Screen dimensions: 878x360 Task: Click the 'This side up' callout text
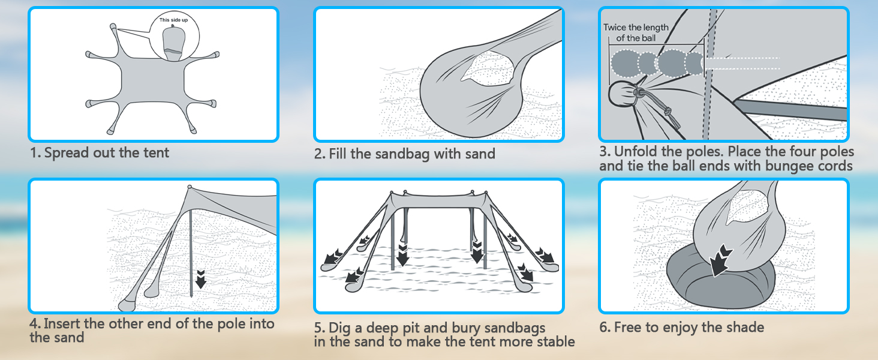pyautogui.click(x=173, y=20)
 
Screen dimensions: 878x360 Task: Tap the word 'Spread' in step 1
pyautogui.click(x=67, y=152)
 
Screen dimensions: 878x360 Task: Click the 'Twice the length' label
pyautogui.click(x=636, y=28)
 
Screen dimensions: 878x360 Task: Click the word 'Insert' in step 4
pyautogui.click(x=62, y=323)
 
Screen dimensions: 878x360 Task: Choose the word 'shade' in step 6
pyautogui.click(x=744, y=327)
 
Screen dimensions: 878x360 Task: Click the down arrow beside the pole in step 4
pyautogui.click(x=201, y=279)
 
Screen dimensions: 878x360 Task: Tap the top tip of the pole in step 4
pyautogui.click(x=190, y=187)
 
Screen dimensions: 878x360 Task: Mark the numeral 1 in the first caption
pyautogui.click(x=34, y=152)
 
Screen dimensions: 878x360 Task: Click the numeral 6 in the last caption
pyautogui.click(x=603, y=327)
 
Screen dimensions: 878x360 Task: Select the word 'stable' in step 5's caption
pyautogui.click(x=556, y=341)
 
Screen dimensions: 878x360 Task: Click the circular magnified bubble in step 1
pyautogui.click(x=175, y=37)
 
